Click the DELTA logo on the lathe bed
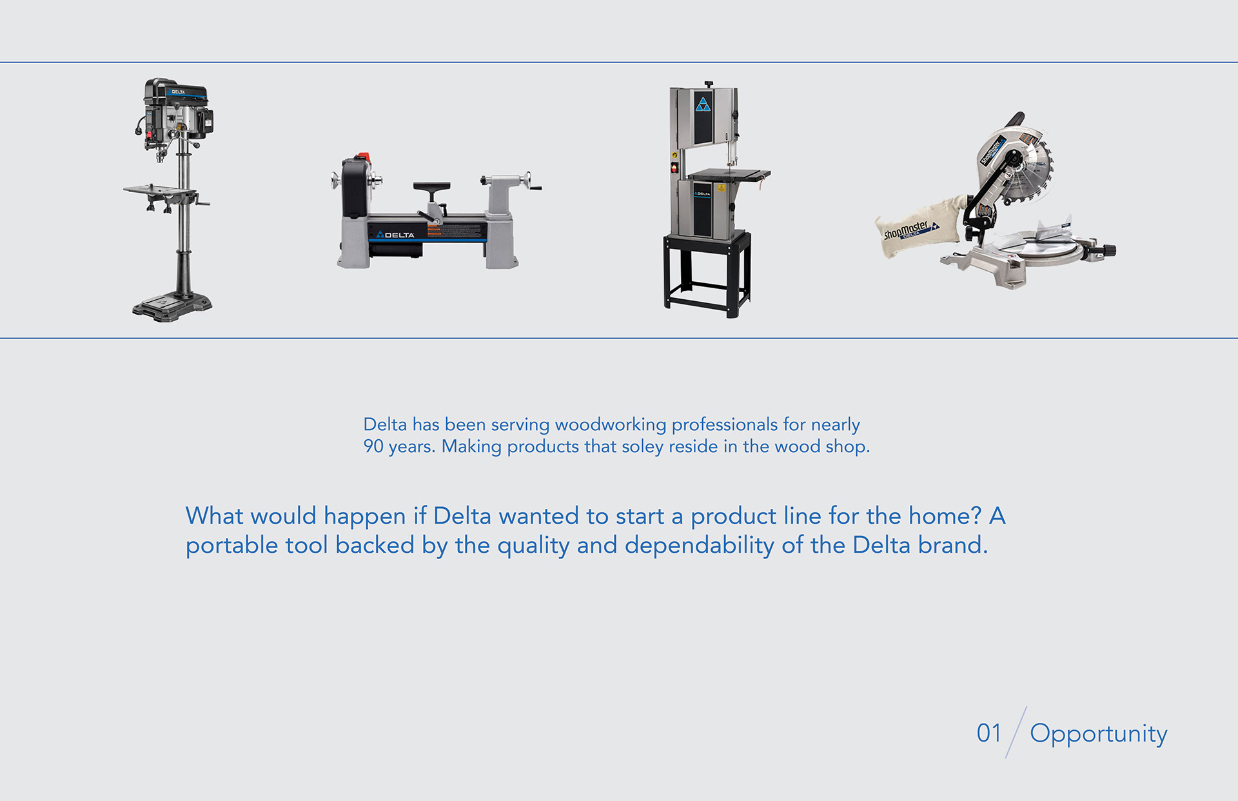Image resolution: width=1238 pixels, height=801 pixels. (x=396, y=235)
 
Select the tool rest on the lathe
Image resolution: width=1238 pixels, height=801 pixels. (x=431, y=188)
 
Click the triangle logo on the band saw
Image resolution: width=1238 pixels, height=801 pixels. (x=703, y=104)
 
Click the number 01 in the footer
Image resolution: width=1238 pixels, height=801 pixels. (x=988, y=733)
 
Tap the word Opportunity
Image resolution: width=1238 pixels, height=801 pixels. (x=1098, y=734)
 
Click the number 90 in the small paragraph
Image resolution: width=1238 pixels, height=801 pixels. (x=373, y=446)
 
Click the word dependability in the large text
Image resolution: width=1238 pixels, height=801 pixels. (x=699, y=546)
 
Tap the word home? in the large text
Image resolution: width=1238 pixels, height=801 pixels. (x=945, y=516)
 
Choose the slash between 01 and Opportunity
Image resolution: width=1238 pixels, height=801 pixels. (x=1016, y=732)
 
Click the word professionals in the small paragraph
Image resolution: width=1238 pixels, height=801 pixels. (x=724, y=424)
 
